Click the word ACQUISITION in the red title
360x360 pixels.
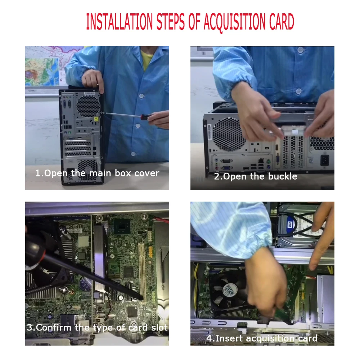pos(234,22)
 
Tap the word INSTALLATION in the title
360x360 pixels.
pos(120,22)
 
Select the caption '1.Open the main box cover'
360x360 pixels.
pos(97,174)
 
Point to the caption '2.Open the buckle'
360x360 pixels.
pos(256,176)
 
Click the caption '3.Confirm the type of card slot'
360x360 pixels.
pos(97,328)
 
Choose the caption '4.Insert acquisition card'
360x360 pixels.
pos(262,338)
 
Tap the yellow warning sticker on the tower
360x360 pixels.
pos(96,119)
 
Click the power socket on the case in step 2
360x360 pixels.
pos(324,160)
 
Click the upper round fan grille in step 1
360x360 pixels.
pos(89,106)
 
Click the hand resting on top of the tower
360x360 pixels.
pos(93,80)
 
